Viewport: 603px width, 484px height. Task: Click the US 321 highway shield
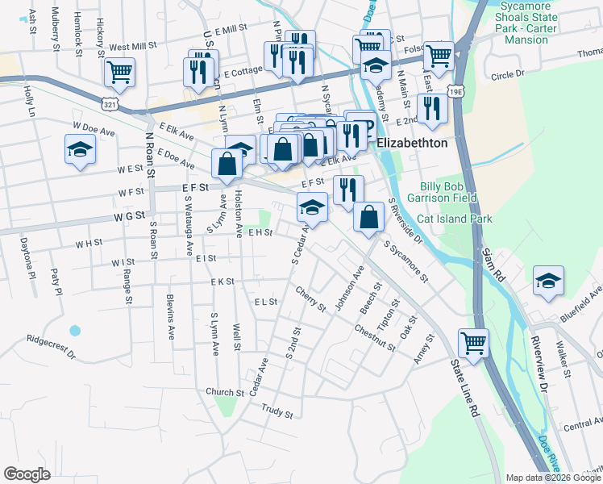110,104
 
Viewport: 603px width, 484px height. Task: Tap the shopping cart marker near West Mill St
119,72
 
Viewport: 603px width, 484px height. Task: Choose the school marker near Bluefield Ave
549,282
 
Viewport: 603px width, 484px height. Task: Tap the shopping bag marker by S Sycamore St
368,217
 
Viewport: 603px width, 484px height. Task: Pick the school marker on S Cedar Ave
312,208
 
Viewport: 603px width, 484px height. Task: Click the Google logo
27,474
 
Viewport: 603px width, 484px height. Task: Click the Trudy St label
277,411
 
